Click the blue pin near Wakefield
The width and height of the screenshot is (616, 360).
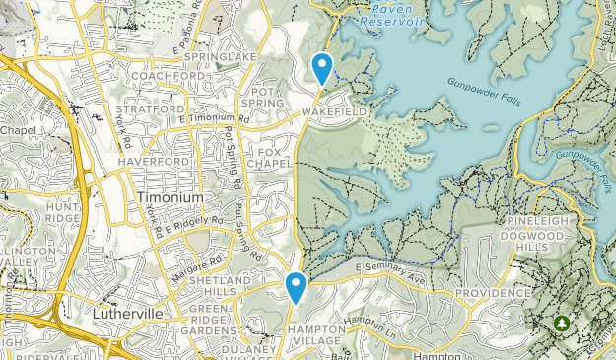(x=321, y=68)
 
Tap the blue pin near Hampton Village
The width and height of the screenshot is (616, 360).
(x=295, y=287)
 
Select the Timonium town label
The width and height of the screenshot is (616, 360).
(x=164, y=196)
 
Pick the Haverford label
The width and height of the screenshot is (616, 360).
(x=152, y=161)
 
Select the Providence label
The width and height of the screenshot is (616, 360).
(x=493, y=294)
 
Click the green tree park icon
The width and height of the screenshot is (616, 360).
(x=563, y=323)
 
